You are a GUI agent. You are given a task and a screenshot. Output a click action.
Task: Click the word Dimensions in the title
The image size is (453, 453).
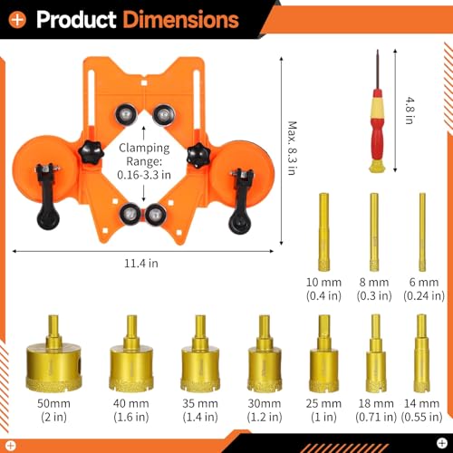[x=181, y=20]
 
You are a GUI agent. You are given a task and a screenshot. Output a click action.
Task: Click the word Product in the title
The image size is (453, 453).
[x=76, y=20]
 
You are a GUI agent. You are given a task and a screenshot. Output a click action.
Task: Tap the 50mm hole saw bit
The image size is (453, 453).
[x=53, y=354]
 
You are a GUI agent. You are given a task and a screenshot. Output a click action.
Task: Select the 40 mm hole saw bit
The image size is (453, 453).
[x=131, y=354]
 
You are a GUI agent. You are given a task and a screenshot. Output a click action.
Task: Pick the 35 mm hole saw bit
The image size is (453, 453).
[x=200, y=354]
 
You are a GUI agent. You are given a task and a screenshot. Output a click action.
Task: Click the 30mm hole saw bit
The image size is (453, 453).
[x=265, y=354]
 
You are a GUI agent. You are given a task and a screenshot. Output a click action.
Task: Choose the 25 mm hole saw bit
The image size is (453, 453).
[x=323, y=354]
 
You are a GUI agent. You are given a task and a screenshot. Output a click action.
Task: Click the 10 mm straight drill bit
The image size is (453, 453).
[x=323, y=232]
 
